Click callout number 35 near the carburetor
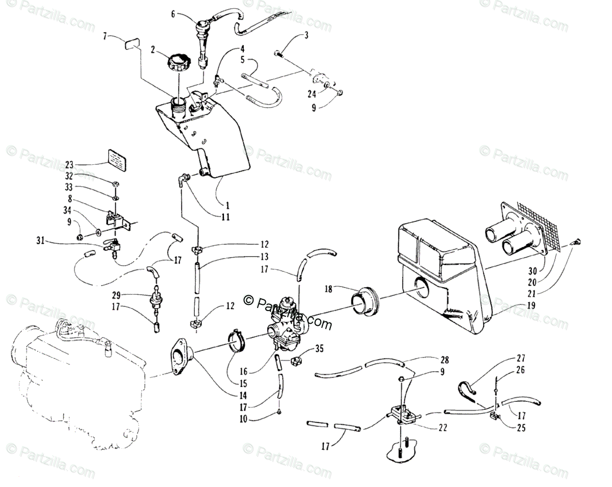click(319, 349)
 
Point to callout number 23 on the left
click(69, 165)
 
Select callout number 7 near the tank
click(106, 36)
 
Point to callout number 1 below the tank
click(228, 206)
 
